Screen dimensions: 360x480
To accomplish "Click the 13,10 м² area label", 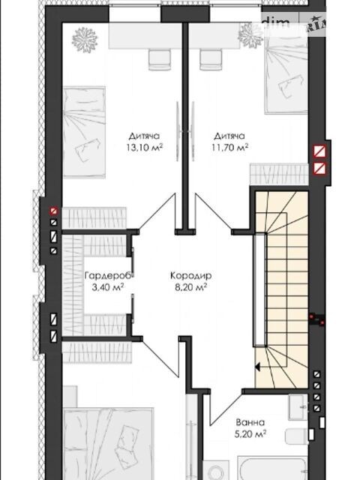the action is (145, 148).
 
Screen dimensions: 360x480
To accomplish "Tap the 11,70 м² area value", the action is (229, 148).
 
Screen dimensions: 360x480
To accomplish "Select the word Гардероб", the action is (109, 275).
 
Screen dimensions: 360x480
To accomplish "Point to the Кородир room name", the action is (190, 275).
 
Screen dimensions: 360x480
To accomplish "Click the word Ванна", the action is (250, 422).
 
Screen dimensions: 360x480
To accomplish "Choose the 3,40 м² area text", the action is (108, 287).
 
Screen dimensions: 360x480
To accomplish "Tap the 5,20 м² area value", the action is (250, 434).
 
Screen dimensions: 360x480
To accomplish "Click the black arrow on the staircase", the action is (257, 367).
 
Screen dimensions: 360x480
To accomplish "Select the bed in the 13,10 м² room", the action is (84, 132).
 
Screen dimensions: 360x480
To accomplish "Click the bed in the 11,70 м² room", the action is (286, 76).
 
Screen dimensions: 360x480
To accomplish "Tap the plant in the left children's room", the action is (85, 40).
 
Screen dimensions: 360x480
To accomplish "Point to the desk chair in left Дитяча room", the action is (160, 60).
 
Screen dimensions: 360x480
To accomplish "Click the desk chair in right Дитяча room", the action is (211, 60).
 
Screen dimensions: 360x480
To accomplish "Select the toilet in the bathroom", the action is (296, 436).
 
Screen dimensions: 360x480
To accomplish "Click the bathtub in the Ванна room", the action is (273, 469).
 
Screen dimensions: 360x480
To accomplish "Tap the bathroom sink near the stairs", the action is (298, 406).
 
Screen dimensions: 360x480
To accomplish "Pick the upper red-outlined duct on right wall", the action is (319, 151).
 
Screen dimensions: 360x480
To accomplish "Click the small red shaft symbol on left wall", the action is (54, 211).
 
